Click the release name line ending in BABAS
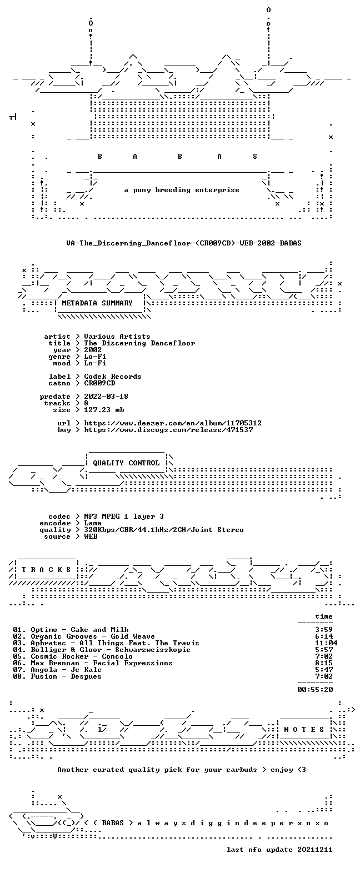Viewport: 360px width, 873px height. pos(184,243)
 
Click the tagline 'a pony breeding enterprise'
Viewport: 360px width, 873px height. pos(182,190)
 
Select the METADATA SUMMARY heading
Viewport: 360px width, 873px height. pos(97,303)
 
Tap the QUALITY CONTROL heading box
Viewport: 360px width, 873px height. pos(126,463)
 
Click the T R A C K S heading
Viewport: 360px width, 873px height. pos(47,570)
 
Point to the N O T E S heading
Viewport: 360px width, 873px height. pos(304,730)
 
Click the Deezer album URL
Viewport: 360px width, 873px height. pos(173,423)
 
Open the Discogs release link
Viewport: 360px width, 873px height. pos(168,430)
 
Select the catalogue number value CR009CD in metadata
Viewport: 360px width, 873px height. pos(99,383)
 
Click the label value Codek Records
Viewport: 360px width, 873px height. pos(113,377)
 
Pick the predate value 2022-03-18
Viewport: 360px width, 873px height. pos(106,397)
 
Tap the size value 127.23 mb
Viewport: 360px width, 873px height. pos(104,410)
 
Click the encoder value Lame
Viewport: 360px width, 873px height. pos(93,523)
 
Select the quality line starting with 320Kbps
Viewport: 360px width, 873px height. pos(164,530)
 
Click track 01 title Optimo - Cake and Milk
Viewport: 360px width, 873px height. pos(79,630)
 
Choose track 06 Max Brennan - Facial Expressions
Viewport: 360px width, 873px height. pos(102,663)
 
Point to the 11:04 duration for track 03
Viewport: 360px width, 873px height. pos(326,643)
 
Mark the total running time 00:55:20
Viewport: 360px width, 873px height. pos(315,689)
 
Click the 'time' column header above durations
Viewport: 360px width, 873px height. pos(324,616)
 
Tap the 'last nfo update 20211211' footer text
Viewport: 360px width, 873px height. pos(279,850)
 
